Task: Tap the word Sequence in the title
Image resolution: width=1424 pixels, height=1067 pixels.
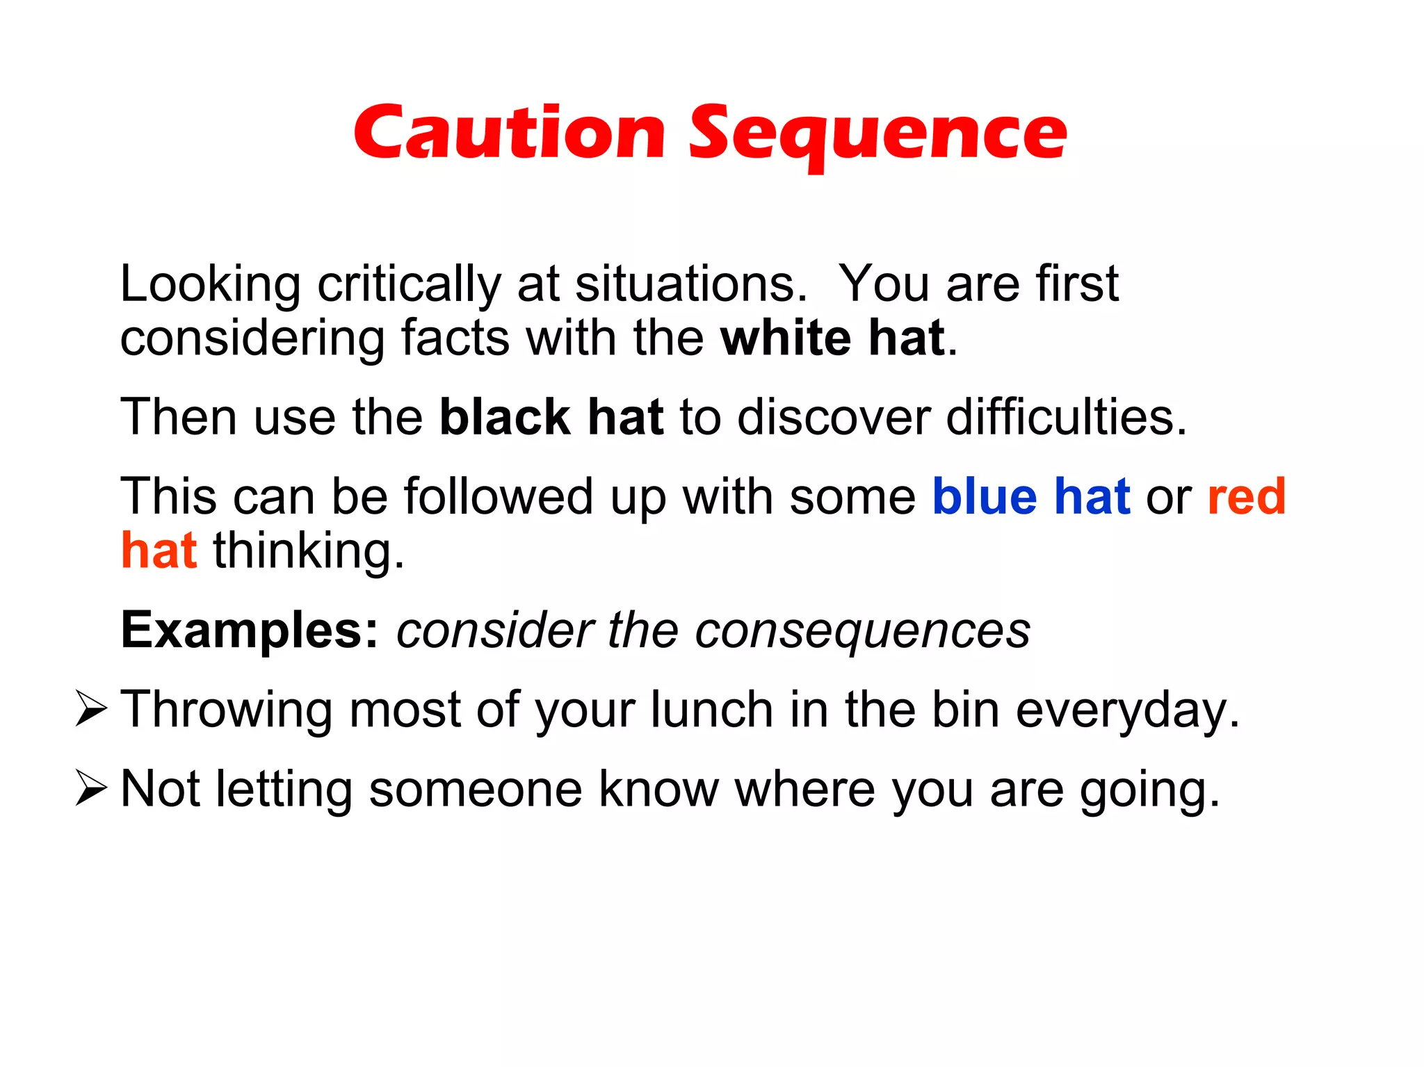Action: (x=877, y=133)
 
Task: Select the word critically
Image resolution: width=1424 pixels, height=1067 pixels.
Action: (x=409, y=285)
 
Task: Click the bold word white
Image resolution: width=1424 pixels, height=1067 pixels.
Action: (x=786, y=338)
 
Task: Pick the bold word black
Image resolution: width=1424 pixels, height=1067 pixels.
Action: (x=505, y=417)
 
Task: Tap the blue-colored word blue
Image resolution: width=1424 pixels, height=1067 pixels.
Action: (x=985, y=496)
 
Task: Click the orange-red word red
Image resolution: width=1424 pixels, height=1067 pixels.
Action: (x=1247, y=496)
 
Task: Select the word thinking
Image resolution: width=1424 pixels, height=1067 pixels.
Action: (x=308, y=551)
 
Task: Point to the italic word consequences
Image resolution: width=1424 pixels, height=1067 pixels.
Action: (x=862, y=630)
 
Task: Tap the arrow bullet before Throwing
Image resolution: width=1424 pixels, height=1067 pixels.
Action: (x=90, y=710)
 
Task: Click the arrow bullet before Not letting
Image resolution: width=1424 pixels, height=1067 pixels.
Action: (x=90, y=789)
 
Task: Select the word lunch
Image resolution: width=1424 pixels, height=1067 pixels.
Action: (x=711, y=710)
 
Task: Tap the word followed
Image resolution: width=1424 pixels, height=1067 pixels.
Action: (x=498, y=496)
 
